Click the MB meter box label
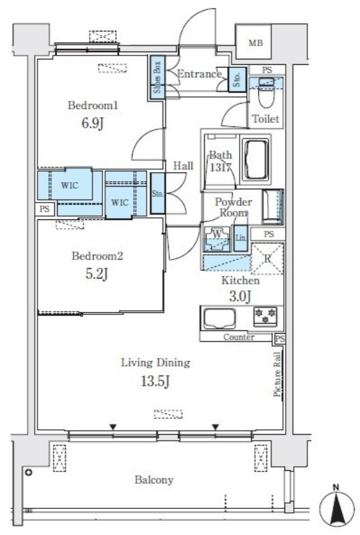256,43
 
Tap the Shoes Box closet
157,78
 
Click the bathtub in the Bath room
256,159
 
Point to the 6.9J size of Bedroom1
92,123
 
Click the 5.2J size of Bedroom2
96,274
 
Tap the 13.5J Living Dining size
155,382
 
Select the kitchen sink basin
219,319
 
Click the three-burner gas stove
265,316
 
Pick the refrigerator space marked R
268,258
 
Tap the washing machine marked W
217,239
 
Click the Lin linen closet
241,238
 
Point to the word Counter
239,337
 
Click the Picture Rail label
277,374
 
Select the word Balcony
154,479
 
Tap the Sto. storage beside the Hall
157,194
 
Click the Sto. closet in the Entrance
237,80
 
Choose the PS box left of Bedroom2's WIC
44,209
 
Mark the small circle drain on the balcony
28,473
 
